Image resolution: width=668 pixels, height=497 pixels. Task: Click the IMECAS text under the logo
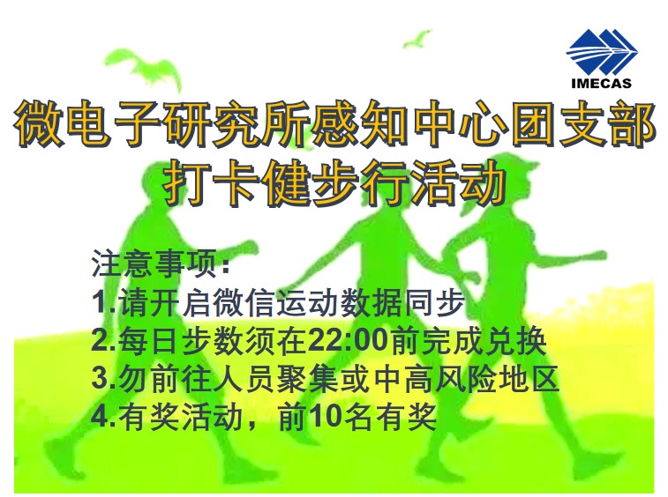coord(601,83)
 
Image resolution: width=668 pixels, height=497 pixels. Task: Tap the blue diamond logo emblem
coord(602,51)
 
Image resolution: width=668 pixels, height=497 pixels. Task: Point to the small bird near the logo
coord(417,39)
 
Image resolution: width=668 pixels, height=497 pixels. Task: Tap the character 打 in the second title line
coord(187,182)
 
